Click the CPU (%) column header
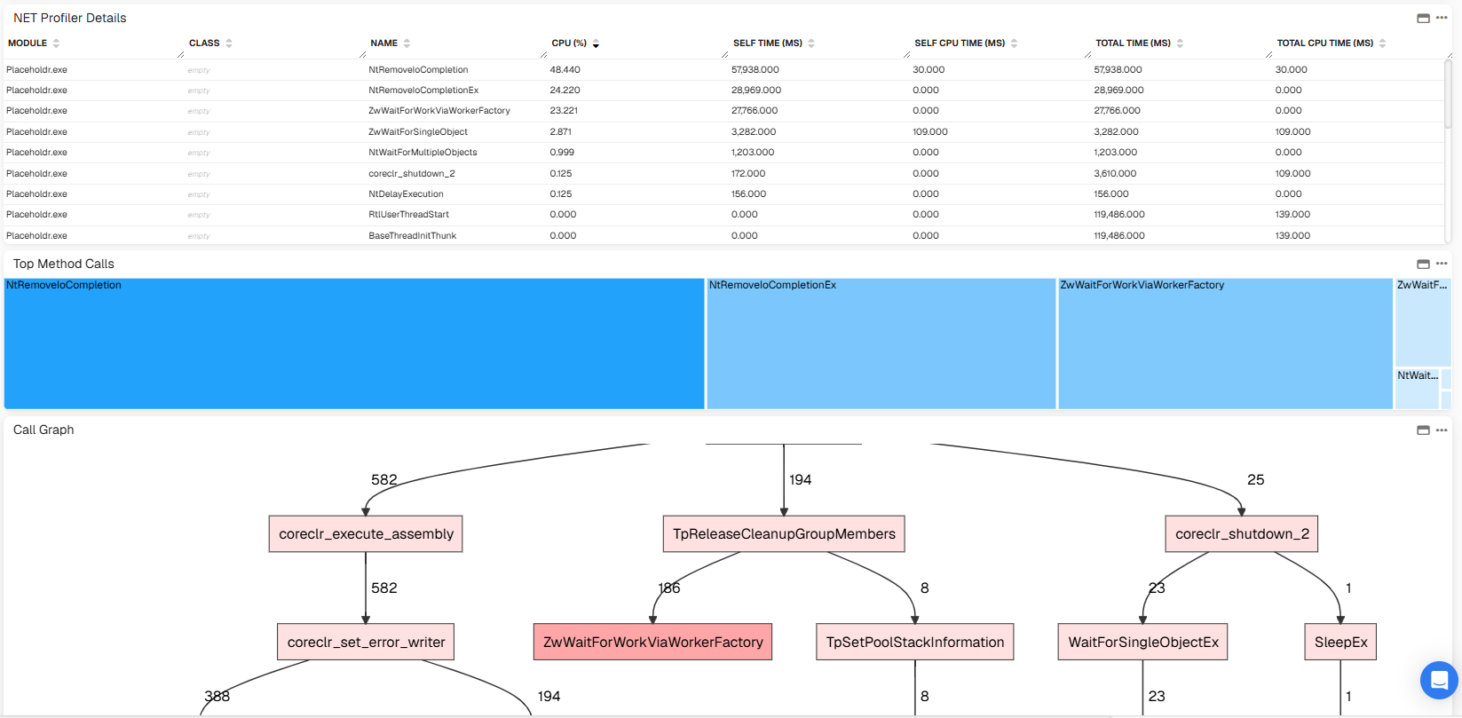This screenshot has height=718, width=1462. click(x=569, y=43)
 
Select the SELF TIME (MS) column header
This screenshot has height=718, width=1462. click(x=768, y=43)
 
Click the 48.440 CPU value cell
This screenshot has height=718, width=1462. click(x=565, y=70)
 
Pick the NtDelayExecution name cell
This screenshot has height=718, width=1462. click(x=406, y=193)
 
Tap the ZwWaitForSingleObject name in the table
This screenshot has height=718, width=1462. click(x=418, y=132)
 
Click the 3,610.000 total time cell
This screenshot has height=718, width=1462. click(x=1116, y=174)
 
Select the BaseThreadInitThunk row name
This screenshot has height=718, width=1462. click(x=413, y=235)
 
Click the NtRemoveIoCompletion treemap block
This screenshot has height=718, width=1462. click(x=354, y=343)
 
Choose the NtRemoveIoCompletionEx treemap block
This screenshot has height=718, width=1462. click(x=881, y=343)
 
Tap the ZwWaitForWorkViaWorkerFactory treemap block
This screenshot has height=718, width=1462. click(x=1225, y=343)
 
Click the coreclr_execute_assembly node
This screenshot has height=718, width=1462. click(x=366, y=534)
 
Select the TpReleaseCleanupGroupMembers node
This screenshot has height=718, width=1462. click(x=784, y=534)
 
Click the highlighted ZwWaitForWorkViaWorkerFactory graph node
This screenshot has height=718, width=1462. click(x=652, y=642)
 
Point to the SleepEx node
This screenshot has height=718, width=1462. click(x=1340, y=642)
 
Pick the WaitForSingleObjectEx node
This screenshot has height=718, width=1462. click(x=1142, y=642)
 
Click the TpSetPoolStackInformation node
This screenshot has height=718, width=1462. click(x=915, y=642)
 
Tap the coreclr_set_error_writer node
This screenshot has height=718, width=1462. click(x=366, y=642)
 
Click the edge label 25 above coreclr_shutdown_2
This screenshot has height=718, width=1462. click(x=1256, y=480)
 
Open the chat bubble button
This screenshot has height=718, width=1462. click(x=1439, y=680)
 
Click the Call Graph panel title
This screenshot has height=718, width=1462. click(x=43, y=430)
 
